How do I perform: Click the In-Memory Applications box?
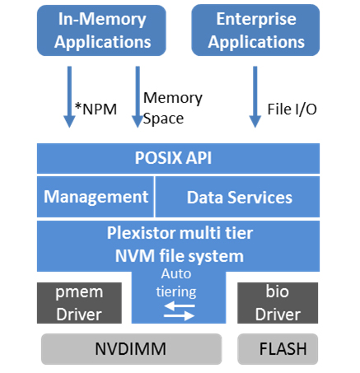point(101,30)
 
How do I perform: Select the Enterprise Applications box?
point(255,30)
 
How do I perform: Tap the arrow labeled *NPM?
point(69,97)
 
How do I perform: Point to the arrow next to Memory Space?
point(138,97)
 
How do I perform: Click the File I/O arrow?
point(255,97)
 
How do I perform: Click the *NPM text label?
point(96,109)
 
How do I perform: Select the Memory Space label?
point(173,108)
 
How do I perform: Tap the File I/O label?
point(292,109)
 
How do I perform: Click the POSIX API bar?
point(178,158)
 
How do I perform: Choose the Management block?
point(96,197)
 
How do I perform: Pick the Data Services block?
point(237,197)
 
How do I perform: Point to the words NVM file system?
point(180,256)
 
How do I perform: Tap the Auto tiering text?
point(176,282)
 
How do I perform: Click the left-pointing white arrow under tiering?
point(180,305)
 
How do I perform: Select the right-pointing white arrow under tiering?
point(180,316)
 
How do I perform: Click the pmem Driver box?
point(79,303)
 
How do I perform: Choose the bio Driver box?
point(278,303)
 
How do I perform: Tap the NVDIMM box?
point(131,349)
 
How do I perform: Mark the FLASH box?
point(278,349)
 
